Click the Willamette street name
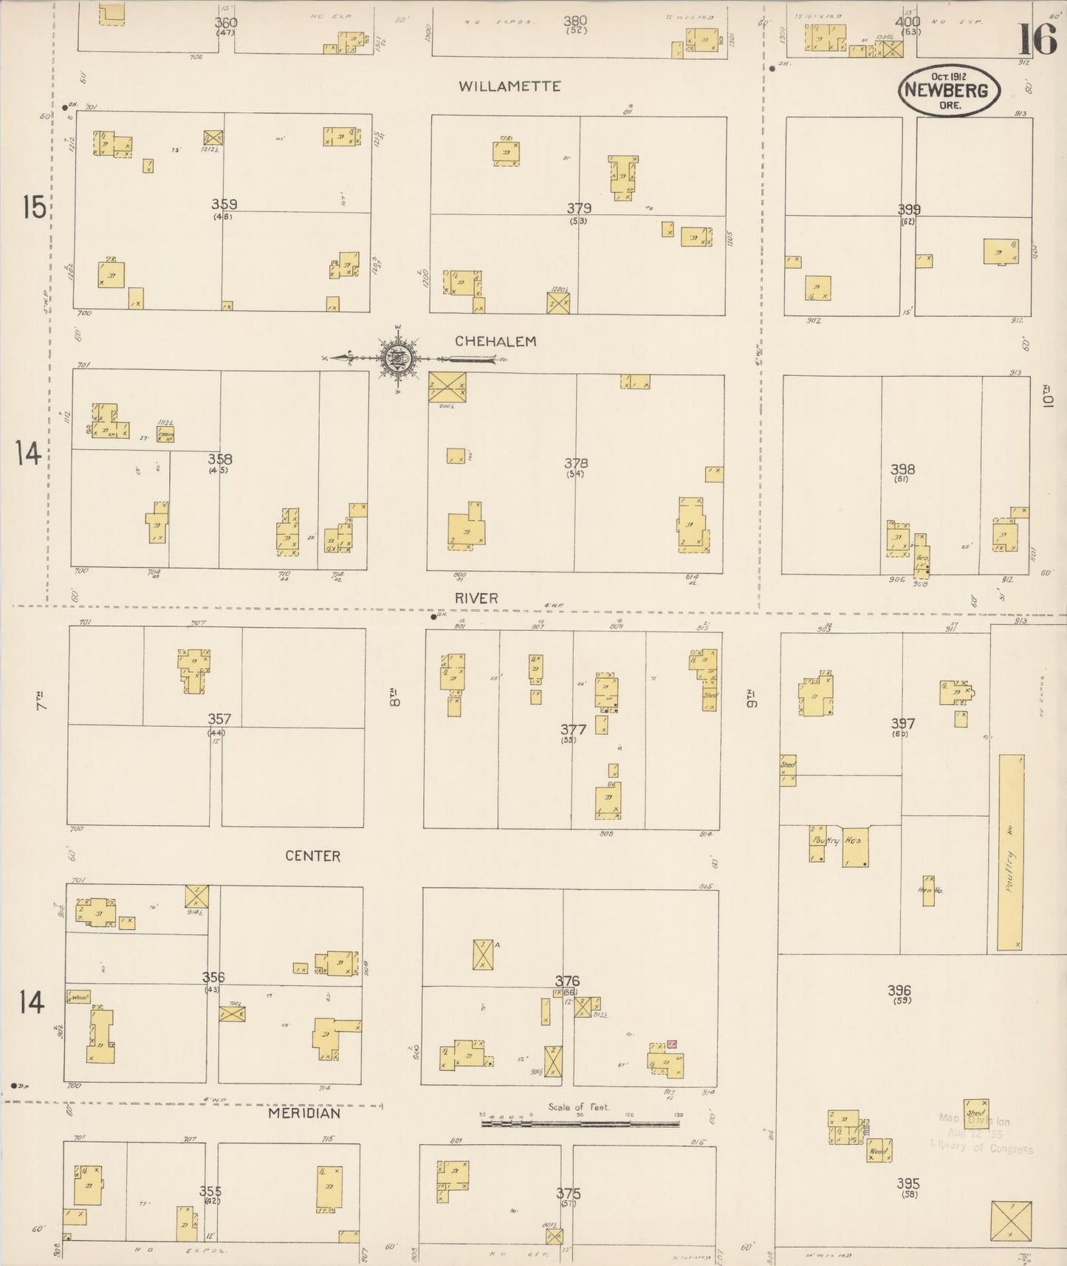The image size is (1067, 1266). [x=509, y=86]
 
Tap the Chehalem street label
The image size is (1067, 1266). [x=495, y=341]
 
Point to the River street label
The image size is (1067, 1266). [x=476, y=598]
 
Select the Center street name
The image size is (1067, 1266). [x=313, y=856]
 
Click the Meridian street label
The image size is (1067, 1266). [x=304, y=1113]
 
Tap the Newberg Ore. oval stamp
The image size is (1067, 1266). [x=949, y=90]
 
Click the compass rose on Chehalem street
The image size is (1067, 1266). [x=399, y=359]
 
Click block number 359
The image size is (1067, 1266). [x=224, y=204]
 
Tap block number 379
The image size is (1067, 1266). [x=579, y=208]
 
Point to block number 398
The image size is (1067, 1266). [x=902, y=469]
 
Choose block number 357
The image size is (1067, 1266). [x=219, y=719]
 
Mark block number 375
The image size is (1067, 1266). [x=569, y=1194]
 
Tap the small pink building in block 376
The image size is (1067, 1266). [x=672, y=1044]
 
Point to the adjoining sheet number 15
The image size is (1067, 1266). [x=33, y=208]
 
